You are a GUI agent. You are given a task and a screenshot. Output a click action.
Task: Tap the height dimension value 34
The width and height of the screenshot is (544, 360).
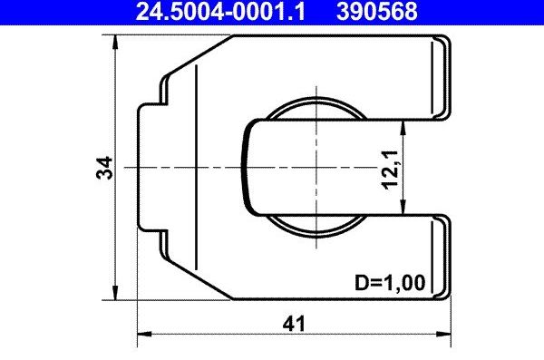pyautogui.click(x=106, y=168)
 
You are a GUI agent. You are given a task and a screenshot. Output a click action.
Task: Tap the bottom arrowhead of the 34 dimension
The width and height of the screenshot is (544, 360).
pyautogui.click(x=115, y=293)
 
